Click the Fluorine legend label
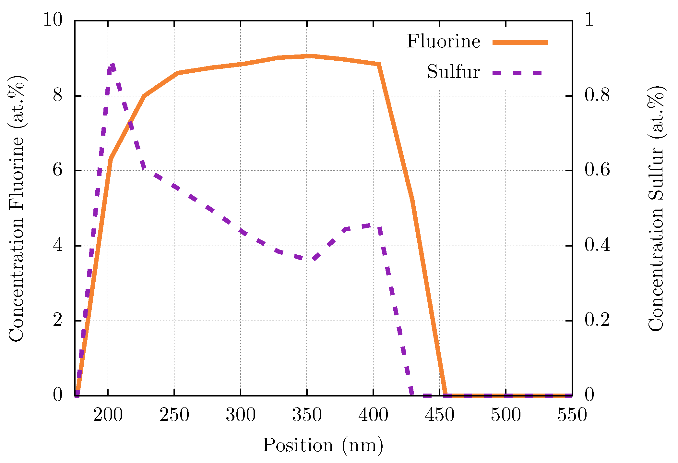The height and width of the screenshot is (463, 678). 443,42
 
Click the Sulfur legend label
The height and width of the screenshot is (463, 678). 453,72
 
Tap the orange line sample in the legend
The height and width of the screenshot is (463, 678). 520,43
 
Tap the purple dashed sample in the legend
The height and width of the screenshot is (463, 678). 517,73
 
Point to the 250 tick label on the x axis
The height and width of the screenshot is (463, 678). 174,415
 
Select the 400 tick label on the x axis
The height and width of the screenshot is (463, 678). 373,415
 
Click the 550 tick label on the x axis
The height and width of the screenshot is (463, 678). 572,415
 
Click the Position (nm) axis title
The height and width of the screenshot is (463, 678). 323,445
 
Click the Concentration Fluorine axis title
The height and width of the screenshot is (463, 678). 16,208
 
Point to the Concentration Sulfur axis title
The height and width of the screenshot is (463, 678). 656,208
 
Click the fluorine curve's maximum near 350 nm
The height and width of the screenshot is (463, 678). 311,56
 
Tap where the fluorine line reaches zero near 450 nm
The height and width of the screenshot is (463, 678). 446,395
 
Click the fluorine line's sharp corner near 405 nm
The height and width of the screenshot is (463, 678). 378,64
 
